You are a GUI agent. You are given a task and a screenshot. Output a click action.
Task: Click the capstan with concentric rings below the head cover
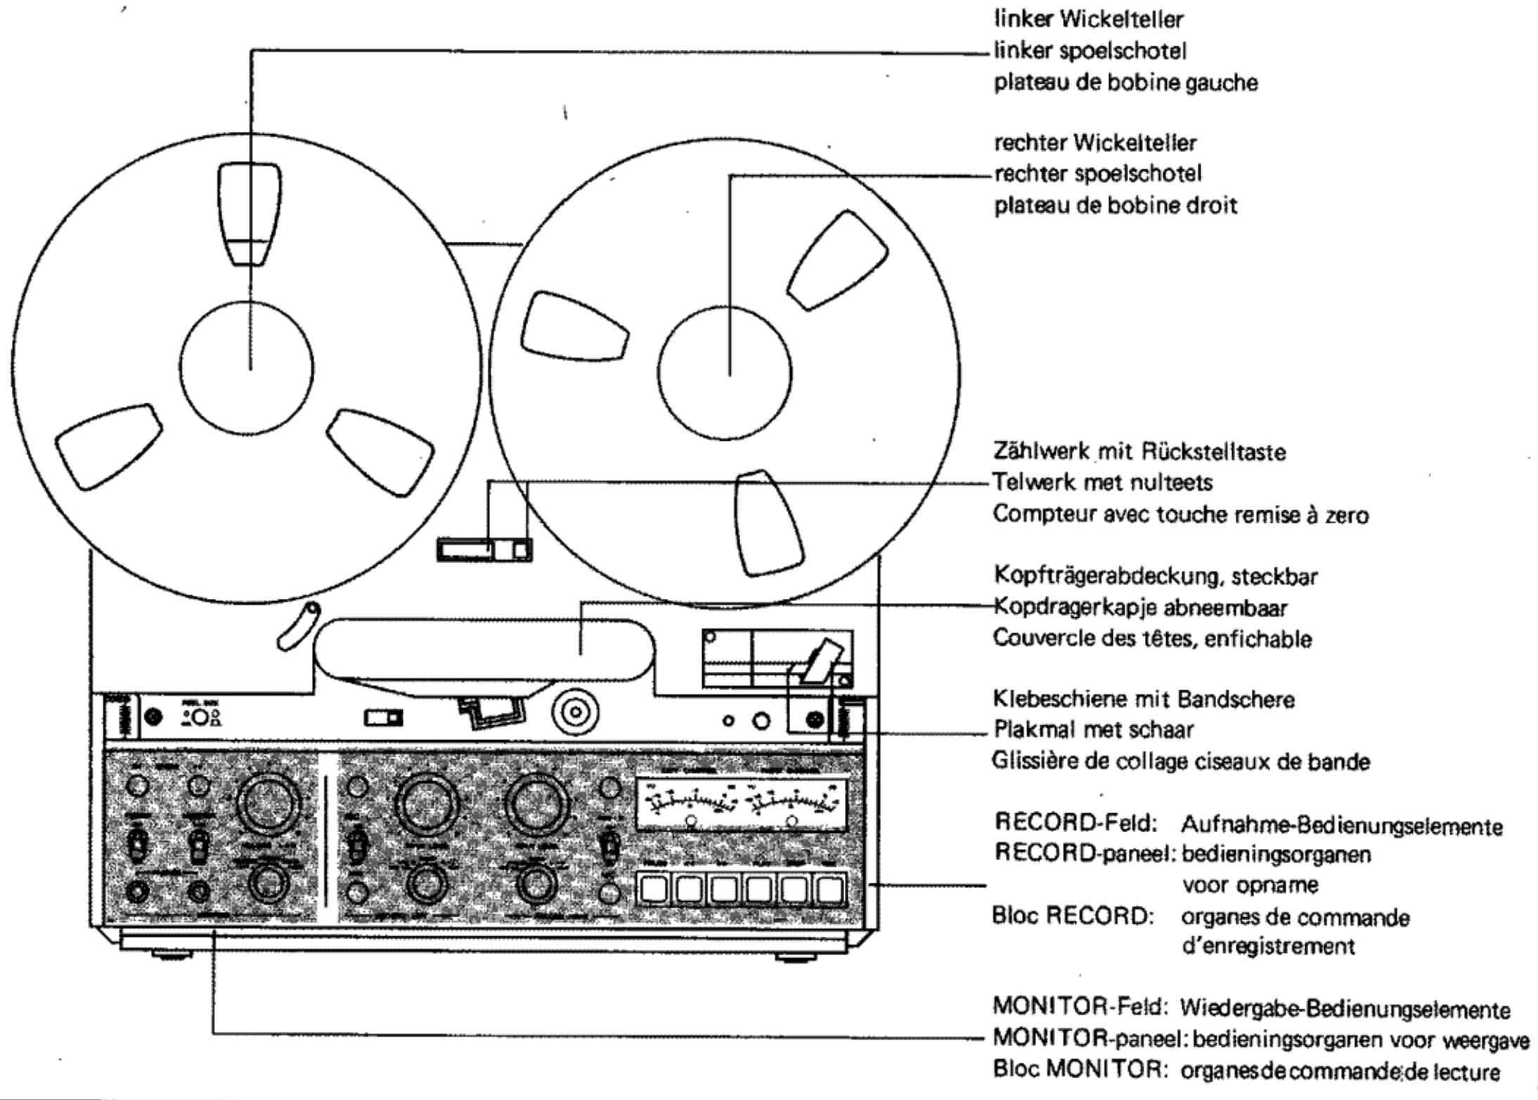[x=576, y=713]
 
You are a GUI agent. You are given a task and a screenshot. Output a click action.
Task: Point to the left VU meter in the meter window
[x=692, y=802]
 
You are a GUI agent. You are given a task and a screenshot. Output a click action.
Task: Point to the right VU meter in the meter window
[x=794, y=802]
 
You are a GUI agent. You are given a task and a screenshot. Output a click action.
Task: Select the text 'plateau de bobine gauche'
[x=1125, y=83]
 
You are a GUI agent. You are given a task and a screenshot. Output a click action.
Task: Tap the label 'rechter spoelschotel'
[x=1097, y=174]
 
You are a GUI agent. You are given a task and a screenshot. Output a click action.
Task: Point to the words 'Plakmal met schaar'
[x=1093, y=730]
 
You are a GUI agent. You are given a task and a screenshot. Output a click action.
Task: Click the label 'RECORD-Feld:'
[x=1076, y=822]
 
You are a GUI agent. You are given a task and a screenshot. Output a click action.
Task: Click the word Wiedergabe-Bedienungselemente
[x=1344, y=1009]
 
